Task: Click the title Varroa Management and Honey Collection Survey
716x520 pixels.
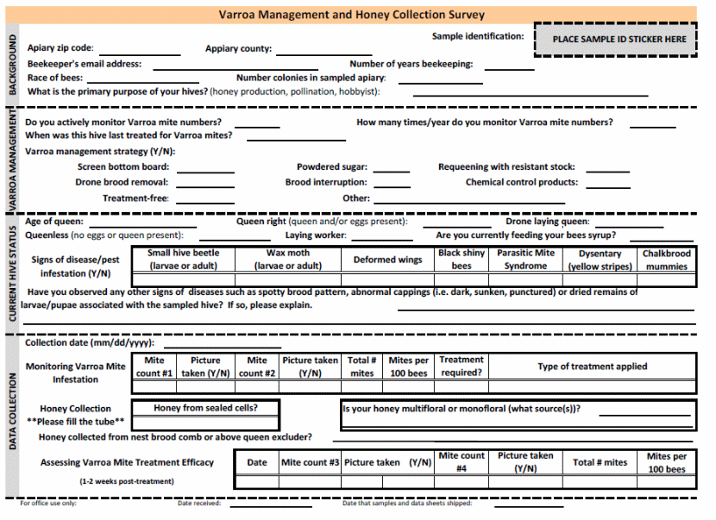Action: [351, 15]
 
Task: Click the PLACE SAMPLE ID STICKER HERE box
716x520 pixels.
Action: [619, 40]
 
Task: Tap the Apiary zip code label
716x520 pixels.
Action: [60, 48]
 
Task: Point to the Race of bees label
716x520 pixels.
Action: [55, 78]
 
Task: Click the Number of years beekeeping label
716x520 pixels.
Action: [411, 64]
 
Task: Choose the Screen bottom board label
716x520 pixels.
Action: [123, 167]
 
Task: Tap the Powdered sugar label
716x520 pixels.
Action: [332, 167]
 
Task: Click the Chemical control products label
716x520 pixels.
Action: [522, 183]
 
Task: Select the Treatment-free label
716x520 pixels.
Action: [135, 198]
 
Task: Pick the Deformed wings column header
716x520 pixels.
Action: [387, 260]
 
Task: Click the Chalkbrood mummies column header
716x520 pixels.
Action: [666, 260]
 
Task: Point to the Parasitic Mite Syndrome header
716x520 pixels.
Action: [525, 260]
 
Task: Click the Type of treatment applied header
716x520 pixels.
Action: [592, 367]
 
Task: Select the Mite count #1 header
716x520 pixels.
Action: [154, 367]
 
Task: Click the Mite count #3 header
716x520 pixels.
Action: [310, 462]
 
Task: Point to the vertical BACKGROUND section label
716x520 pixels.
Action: [12, 65]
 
